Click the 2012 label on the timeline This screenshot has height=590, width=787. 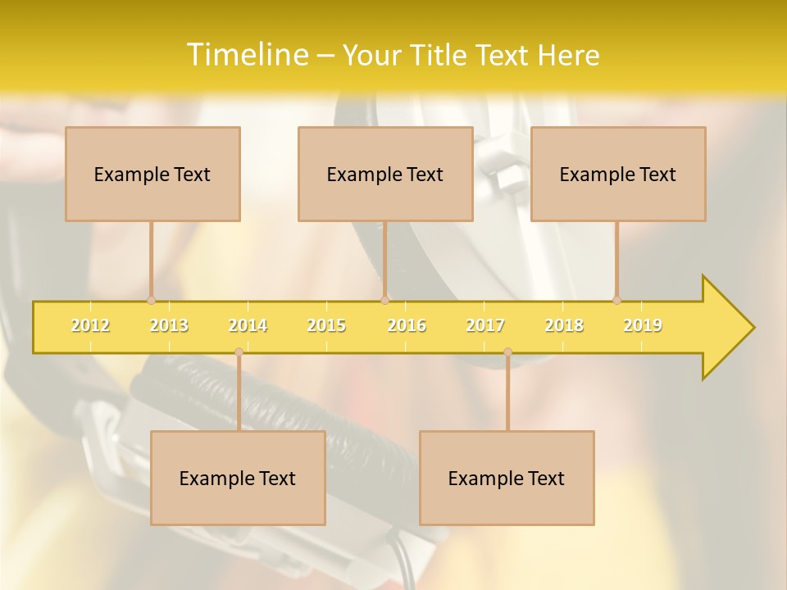click(x=90, y=325)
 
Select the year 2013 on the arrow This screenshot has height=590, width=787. click(x=169, y=325)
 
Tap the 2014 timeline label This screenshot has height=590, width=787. click(x=248, y=325)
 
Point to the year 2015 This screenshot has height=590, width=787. click(x=326, y=325)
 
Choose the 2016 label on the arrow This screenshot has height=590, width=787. click(x=407, y=325)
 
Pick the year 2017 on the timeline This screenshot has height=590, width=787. click(x=485, y=325)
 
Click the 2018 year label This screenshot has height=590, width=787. click(x=564, y=325)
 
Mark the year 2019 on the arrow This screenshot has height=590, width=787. click(x=643, y=325)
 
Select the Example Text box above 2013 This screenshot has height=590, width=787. click(x=152, y=174)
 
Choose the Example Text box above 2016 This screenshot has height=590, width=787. click(x=385, y=174)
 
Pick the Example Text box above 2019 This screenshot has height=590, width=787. click(x=618, y=174)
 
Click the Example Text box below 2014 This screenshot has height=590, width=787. click(x=238, y=478)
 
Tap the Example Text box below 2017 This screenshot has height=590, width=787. click(x=507, y=478)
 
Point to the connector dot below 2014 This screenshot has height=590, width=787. click(x=239, y=352)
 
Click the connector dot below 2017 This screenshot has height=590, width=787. click(x=507, y=352)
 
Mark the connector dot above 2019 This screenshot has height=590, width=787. click(x=616, y=300)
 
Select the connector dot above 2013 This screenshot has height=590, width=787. click(x=151, y=300)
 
